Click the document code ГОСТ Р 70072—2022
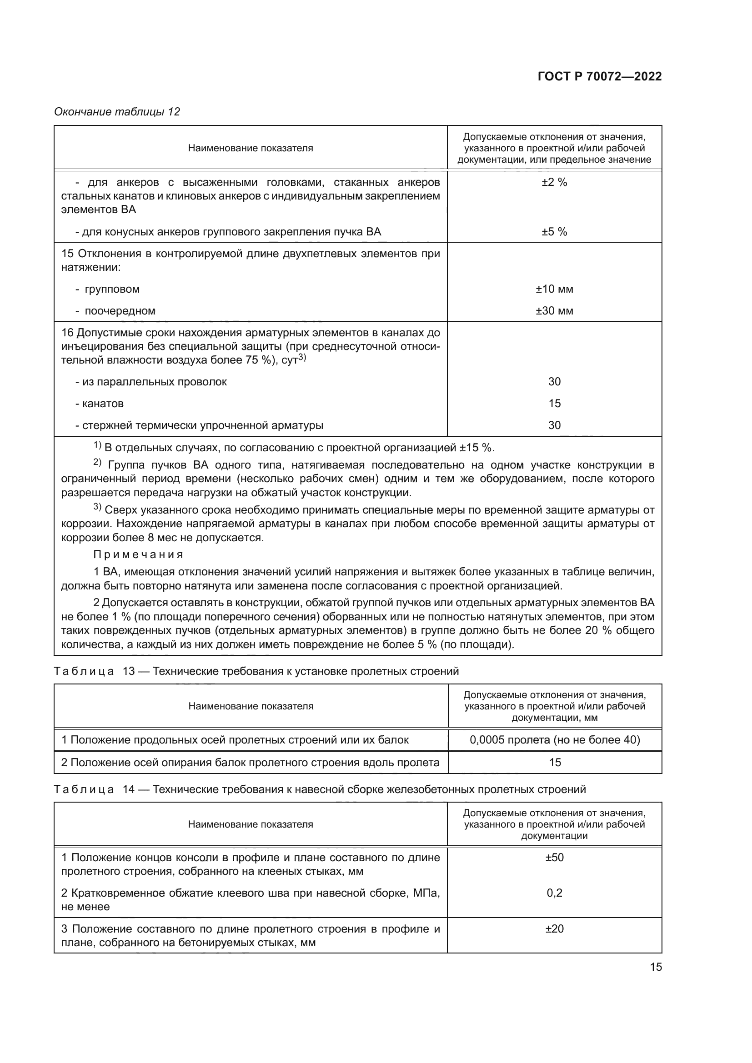[599, 77]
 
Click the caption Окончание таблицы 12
[117, 112]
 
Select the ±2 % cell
[554, 182]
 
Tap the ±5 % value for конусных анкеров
[554, 232]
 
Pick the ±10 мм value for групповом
[554, 289]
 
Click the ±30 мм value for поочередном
[554, 311]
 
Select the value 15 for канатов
[554, 404]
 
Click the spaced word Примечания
[138, 554]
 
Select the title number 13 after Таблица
[128, 671]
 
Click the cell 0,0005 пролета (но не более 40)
[554, 740]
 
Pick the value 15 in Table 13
[554, 763]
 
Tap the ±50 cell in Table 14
[554, 858]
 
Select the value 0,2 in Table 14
[554, 893]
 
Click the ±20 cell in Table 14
[554, 929]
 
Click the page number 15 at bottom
[656, 967]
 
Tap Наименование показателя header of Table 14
[251, 824]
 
